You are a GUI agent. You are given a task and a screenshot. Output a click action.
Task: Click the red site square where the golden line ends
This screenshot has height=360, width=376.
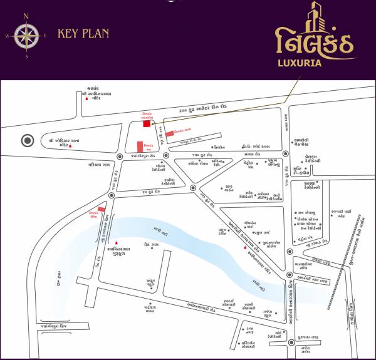(x=147, y=123)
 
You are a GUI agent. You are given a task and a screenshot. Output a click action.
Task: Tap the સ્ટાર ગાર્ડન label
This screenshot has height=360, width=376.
(x=229, y=187)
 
